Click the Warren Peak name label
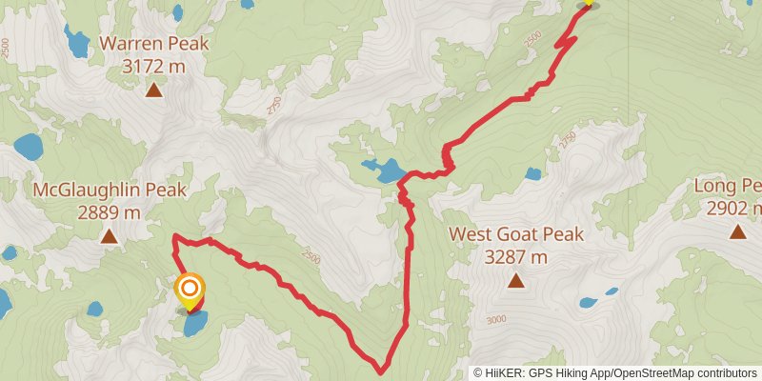click(153, 44)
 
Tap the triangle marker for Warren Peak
click(153, 90)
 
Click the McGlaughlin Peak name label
click(110, 190)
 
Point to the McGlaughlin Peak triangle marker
click(110, 236)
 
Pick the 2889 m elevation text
click(110, 211)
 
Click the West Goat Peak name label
click(515, 234)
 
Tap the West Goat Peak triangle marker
click(515, 281)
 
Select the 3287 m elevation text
click(515, 256)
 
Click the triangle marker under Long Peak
click(737, 231)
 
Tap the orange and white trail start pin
click(190, 289)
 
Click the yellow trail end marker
click(587, 2)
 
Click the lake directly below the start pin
click(195, 325)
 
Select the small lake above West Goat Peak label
click(532, 174)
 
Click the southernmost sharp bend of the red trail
click(381, 370)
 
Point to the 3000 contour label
click(496, 320)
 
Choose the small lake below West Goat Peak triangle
click(588, 304)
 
